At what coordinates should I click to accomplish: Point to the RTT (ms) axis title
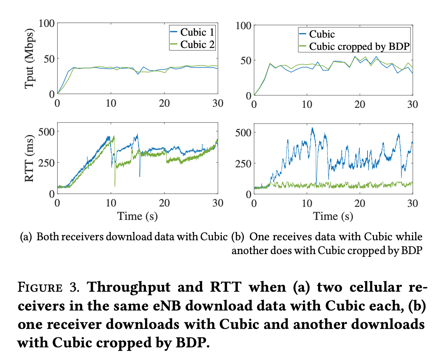click(31, 158)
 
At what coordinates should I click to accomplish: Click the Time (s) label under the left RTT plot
click(137, 216)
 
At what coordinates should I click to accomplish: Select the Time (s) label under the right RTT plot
click(333, 216)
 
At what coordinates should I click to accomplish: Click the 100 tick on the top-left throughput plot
click(46, 23)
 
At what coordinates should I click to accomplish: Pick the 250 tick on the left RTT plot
click(45, 162)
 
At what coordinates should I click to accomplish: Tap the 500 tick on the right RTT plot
click(242, 132)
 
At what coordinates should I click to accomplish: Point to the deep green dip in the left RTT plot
click(115, 186)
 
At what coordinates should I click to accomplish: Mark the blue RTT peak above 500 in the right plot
click(312, 128)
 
